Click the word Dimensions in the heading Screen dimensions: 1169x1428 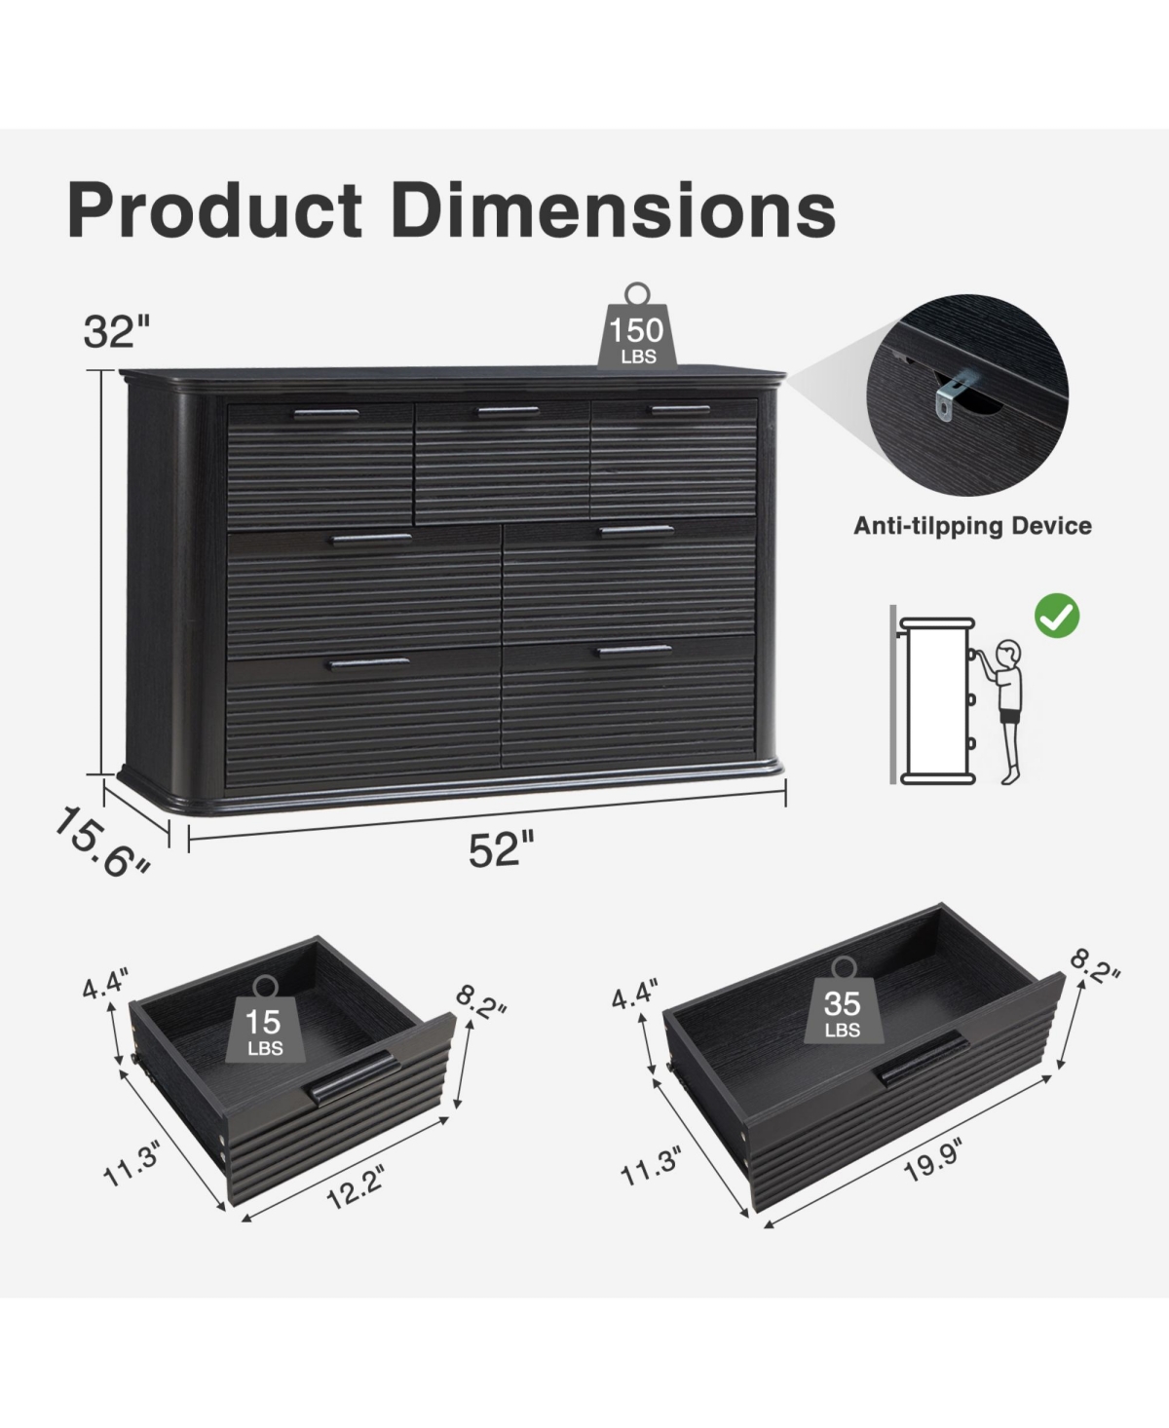pos(614,210)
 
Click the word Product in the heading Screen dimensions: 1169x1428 pos(214,210)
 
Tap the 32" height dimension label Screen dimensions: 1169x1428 pos(117,332)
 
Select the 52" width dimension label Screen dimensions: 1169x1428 pos(501,849)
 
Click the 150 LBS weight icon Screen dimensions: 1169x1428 pos(637,326)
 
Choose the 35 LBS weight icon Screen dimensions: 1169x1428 pos(844,1000)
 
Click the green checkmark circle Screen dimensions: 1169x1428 pos(1057,616)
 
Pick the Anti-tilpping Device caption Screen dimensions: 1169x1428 pos(972,526)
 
